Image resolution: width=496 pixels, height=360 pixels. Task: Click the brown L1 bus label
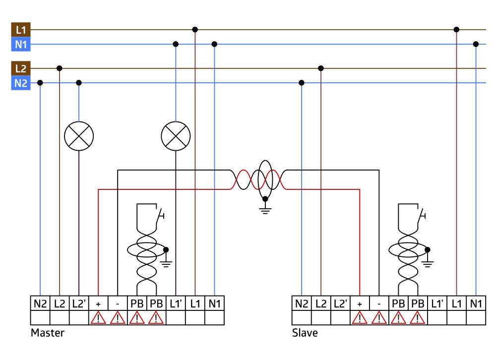tap(20, 30)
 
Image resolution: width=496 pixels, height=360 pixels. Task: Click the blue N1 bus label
tap(20, 45)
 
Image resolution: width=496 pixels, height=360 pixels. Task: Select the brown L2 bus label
tap(20, 68)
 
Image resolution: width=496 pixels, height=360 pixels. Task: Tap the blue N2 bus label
tap(20, 83)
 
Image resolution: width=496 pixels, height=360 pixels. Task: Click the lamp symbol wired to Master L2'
tap(79, 135)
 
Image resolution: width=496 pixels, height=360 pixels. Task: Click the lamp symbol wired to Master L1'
tap(176, 135)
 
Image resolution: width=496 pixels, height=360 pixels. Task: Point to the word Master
tap(48, 333)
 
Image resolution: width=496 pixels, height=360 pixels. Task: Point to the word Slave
tap(305, 333)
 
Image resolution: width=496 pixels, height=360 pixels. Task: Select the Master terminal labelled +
tap(98, 303)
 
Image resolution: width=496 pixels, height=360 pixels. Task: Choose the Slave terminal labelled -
tap(379, 303)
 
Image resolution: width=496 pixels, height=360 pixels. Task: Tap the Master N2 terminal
tap(40, 303)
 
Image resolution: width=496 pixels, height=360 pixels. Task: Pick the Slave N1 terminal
tap(476, 303)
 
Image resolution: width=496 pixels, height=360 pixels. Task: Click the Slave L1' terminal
tap(437, 303)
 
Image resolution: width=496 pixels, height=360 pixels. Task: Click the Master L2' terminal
tap(79, 303)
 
